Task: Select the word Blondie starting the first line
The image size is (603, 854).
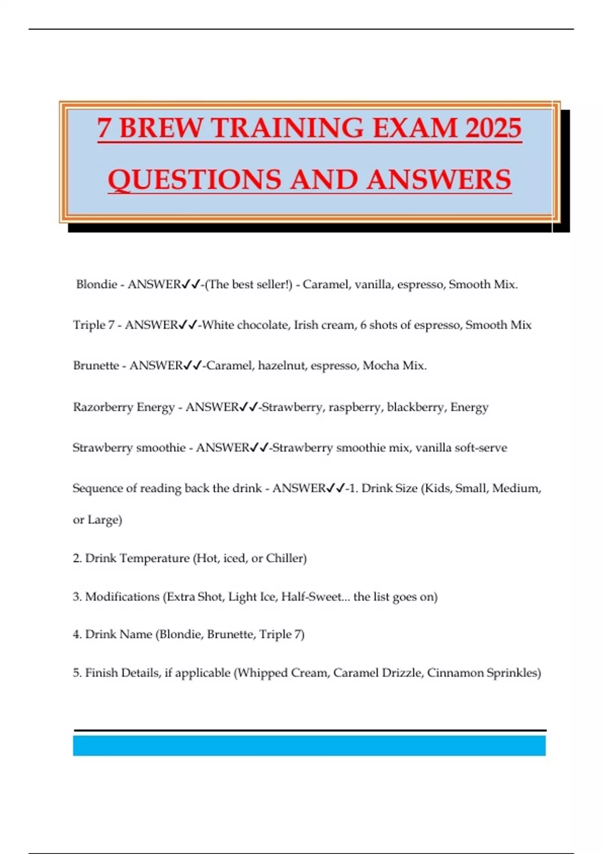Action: (x=96, y=284)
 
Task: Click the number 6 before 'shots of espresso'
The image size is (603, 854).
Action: (x=363, y=325)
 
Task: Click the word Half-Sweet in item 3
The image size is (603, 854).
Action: (x=311, y=597)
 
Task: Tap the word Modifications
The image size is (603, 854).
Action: (x=122, y=597)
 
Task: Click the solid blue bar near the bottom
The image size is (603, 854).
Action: (x=309, y=745)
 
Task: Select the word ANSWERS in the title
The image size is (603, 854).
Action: (x=439, y=179)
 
